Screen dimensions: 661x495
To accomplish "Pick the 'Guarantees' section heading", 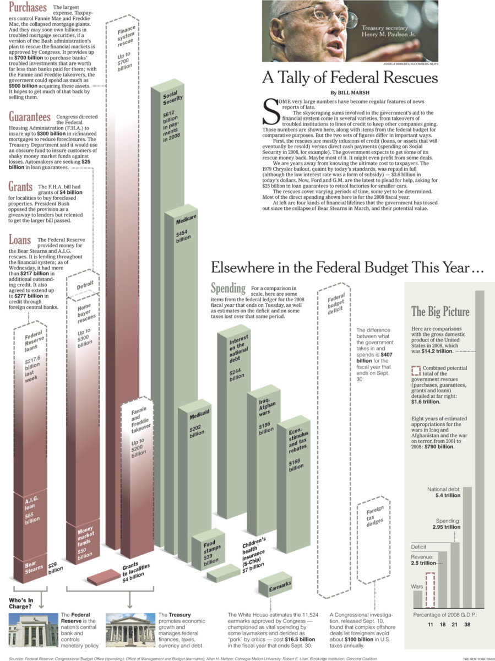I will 30,117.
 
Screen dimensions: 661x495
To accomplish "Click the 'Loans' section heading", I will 20,240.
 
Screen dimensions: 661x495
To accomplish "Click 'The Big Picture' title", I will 440,312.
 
